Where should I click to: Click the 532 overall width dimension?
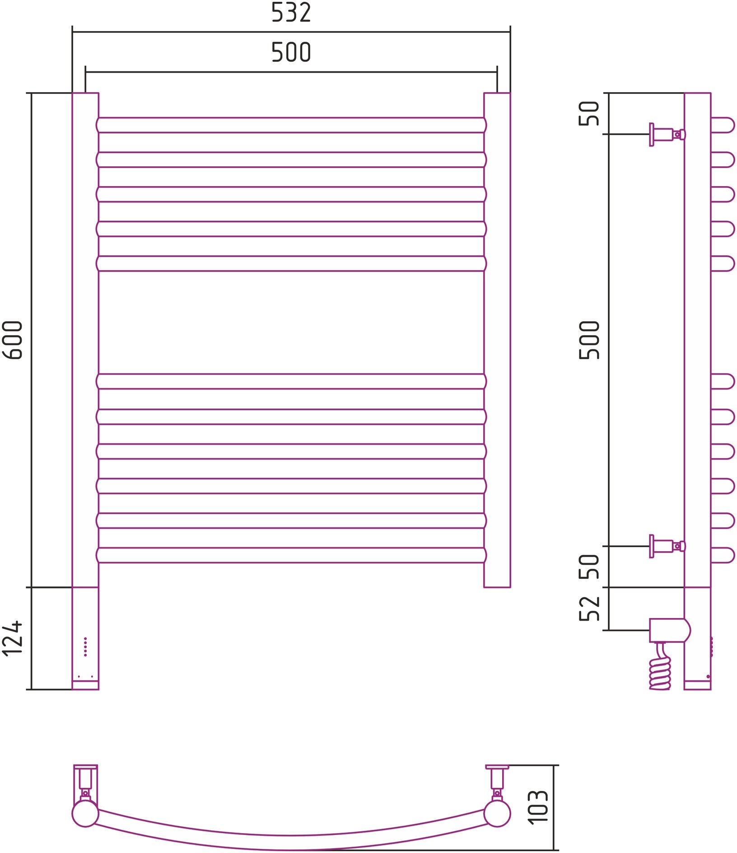(291, 13)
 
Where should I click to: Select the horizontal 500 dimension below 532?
(291, 52)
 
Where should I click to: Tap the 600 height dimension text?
(13, 340)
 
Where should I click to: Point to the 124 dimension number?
(13, 638)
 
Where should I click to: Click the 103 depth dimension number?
(539, 807)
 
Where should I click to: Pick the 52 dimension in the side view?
(590, 609)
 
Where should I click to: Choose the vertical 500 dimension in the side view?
(590, 340)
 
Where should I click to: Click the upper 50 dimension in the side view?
(590, 113)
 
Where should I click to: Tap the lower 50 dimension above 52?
(590, 567)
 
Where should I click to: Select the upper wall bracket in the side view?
(667, 134)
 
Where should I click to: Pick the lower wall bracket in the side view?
(667, 546)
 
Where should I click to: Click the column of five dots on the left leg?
(85, 647)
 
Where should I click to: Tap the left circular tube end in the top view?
(85, 813)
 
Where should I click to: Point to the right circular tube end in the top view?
(497, 813)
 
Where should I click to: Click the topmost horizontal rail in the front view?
(291, 125)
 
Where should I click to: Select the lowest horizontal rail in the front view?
(291, 555)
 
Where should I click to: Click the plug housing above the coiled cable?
(669, 630)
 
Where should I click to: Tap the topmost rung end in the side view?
(723, 125)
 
